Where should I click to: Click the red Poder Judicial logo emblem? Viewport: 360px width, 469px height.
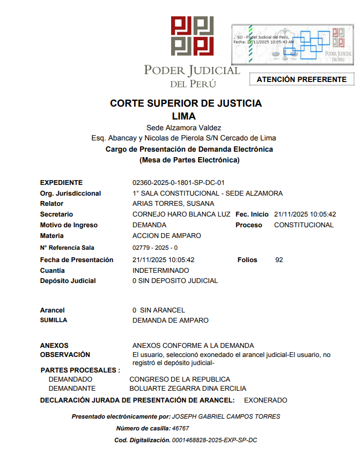pyautogui.click(x=192, y=35)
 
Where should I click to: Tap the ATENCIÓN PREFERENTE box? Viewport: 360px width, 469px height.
pyautogui.click(x=302, y=79)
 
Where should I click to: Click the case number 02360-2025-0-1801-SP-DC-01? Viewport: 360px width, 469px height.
pyautogui.click(x=178, y=183)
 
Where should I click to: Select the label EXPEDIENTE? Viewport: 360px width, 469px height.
pyautogui.click(x=61, y=183)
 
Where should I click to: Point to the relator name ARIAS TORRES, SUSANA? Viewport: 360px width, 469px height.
pyautogui.click(x=173, y=204)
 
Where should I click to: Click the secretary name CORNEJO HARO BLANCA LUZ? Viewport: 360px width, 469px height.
pyautogui.click(x=181, y=214)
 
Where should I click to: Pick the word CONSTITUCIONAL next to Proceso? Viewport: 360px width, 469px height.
pyautogui.click(x=304, y=225)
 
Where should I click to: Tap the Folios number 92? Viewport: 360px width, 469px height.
pyautogui.click(x=279, y=260)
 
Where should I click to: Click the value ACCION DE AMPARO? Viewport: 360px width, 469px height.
pyautogui.click(x=166, y=236)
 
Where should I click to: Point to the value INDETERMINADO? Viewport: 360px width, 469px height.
pyautogui.click(x=160, y=271)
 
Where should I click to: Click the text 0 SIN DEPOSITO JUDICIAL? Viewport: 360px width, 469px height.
pyautogui.click(x=175, y=281)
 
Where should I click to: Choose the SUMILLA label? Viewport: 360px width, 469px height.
pyautogui.click(x=54, y=320)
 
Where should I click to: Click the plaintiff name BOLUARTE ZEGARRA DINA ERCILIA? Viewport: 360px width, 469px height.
pyautogui.click(x=188, y=389)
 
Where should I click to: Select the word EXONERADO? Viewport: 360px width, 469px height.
pyautogui.click(x=266, y=400)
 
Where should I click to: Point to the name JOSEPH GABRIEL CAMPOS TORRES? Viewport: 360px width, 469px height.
pyautogui.click(x=226, y=416)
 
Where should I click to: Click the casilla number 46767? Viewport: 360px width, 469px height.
pyautogui.click(x=180, y=428)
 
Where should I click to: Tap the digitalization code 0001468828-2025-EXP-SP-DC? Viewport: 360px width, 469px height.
pyautogui.click(x=214, y=440)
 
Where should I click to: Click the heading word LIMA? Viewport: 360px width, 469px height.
pyautogui.click(x=183, y=116)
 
